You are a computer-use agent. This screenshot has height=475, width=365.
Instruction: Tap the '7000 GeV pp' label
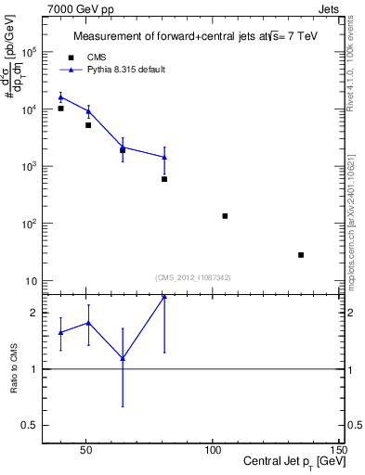click(x=76, y=7)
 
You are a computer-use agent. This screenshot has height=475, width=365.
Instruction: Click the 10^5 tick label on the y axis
click(x=29, y=52)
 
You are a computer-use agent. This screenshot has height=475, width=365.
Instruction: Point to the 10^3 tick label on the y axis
click(x=29, y=166)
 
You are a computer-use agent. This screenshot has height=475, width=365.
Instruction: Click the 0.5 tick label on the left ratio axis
click(x=32, y=425)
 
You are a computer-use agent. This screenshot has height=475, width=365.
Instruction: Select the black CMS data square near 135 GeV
click(x=301, y=255)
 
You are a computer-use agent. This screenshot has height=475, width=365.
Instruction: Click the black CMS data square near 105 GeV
click(x=225, y=216)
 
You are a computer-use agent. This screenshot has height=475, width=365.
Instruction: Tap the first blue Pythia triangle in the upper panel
click(x=61, y=96)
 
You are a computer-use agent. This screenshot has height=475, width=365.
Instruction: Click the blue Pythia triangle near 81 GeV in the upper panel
click(x=164, y=157)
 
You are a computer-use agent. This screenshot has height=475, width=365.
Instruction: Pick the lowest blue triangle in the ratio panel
click(x=123, y=358)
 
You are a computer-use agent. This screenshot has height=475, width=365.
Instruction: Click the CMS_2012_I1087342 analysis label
click(x=192, y=277)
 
